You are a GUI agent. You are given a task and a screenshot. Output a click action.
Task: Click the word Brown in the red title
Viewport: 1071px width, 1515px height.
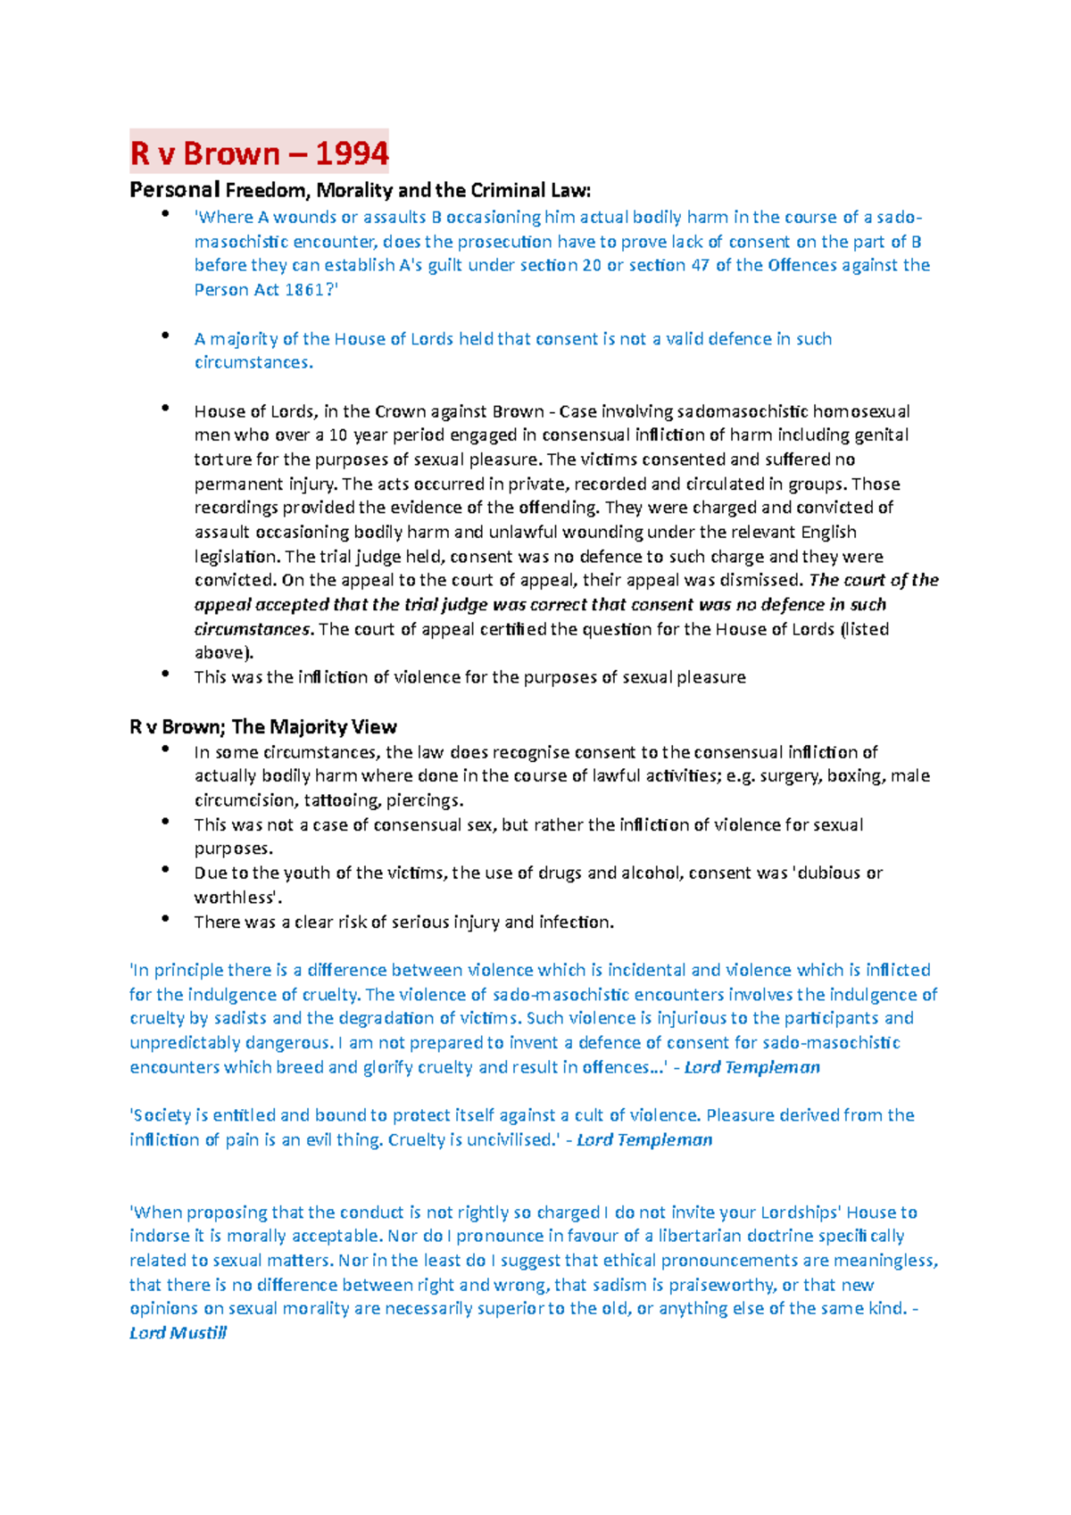[231, 153]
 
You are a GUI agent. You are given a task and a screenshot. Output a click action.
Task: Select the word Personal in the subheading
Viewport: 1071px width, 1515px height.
[174, 190]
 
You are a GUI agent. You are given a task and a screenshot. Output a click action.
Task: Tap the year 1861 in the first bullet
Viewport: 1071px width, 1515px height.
[308, 290]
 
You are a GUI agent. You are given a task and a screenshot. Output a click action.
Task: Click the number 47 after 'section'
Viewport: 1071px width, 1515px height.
[700, 265]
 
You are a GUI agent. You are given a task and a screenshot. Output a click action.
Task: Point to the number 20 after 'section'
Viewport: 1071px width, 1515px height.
[591, 265]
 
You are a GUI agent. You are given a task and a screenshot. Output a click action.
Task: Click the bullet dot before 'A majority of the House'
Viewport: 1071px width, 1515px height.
[165, 335]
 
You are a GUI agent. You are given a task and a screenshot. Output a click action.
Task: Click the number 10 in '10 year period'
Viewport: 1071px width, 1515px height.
[338, 435]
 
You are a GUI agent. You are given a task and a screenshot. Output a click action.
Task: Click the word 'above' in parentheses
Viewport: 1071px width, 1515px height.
[219, 652]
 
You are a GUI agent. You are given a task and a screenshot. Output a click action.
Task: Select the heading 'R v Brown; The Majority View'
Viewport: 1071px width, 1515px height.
[263, 727]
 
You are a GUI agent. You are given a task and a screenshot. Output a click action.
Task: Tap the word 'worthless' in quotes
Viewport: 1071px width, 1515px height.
[235, 898]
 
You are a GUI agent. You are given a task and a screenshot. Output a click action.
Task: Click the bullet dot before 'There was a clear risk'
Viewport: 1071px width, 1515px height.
[165, 918]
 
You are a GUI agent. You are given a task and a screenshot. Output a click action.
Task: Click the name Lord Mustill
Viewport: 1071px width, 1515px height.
[178, 1333]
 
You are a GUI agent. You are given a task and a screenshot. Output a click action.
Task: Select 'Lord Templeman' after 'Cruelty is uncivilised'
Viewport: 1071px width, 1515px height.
[644, 1140]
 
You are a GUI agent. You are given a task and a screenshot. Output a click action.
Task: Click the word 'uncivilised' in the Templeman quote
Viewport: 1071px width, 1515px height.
[509, 1140]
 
